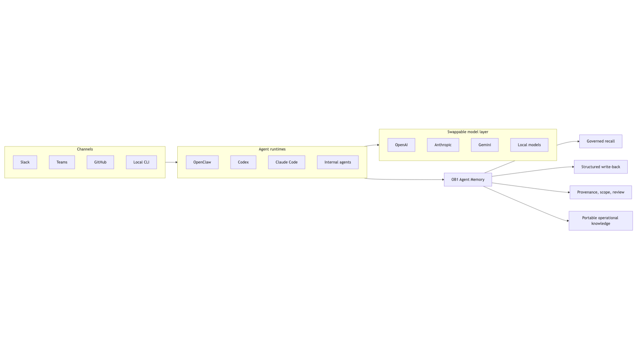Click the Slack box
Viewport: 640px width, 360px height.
pos(25,162)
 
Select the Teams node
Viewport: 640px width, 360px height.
pos(62,162)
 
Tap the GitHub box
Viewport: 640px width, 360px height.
pos(100,162)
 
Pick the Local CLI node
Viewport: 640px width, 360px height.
pos(141,162)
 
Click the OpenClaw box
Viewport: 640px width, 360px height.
pos(202,162)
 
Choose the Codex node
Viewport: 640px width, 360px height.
pos(243,162)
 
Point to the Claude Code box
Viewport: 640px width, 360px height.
pos(287,162)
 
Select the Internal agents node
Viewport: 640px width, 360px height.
pos(338,162)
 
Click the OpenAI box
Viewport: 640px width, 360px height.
pos(401,145)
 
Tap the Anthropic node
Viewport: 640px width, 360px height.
pos(443,145)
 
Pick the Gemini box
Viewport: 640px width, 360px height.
pos(485,145)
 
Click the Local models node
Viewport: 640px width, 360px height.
pos(529,145)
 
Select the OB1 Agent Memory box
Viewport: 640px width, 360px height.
pos(468,180)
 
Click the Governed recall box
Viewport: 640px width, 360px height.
pos(601,141)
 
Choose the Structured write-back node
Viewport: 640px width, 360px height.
pos(601,167)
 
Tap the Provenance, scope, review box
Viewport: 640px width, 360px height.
pos(601,192)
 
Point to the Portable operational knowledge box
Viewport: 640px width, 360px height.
pos(601,221)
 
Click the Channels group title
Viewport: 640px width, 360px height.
pos(85,149)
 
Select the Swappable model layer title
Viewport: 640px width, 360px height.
pos(468,132)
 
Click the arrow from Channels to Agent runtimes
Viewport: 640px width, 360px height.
pos(171,162)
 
